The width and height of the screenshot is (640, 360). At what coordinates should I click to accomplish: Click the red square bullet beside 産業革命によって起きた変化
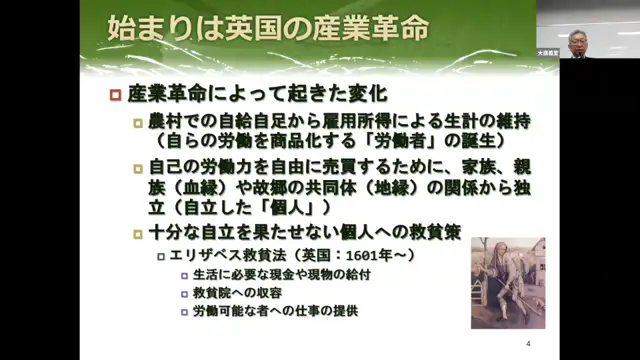115,97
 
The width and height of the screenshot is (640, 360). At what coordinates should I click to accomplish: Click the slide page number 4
527,344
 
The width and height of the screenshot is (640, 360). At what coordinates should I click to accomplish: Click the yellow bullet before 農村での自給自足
138,121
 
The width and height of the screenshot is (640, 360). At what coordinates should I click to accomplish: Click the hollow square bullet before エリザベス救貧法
160,257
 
